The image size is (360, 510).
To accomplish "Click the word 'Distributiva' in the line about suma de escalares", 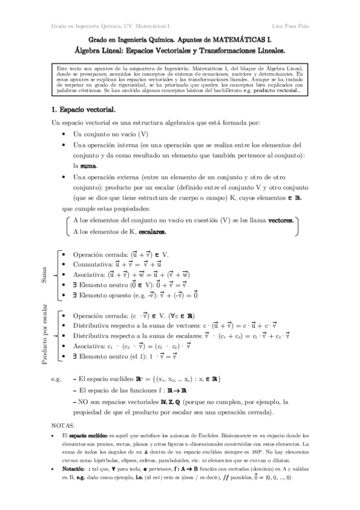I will coord(92,335).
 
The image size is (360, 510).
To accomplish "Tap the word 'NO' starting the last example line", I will coord(82,402).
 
